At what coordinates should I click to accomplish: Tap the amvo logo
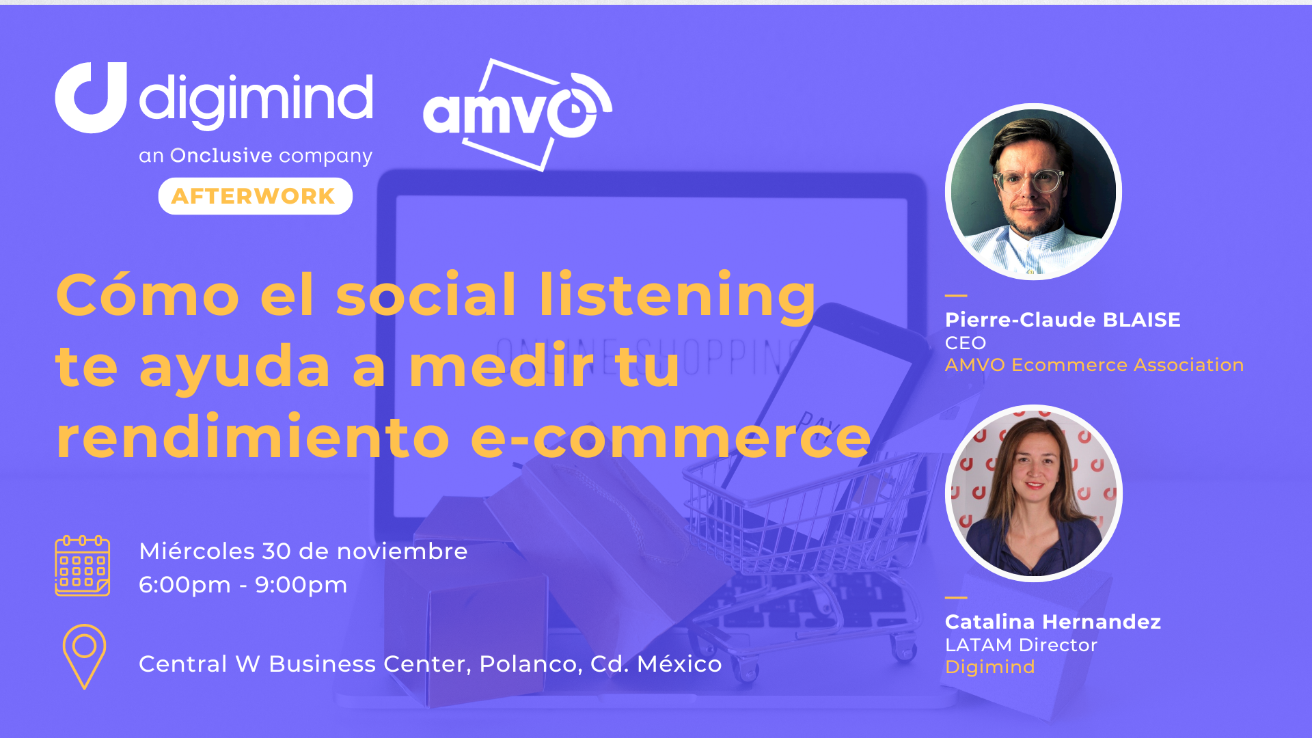coord(517,114)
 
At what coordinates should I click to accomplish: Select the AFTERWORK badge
coord(255,196)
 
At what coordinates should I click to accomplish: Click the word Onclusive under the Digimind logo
coord(221,156)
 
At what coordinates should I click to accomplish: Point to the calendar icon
coord(82,566)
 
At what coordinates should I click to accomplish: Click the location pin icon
coord(84,656)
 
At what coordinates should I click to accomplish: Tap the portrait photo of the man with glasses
coord(1033,192)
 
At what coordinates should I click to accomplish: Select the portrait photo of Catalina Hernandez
coord(1033,493)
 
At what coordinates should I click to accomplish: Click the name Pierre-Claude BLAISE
coord(1063,319)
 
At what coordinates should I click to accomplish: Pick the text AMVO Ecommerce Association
coord(1094,365)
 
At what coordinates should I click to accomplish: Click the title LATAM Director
coord(1021,644)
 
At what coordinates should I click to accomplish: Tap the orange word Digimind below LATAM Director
coord(989,667)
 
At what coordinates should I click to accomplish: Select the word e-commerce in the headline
coord(670,437)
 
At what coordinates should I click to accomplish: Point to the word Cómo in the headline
coord(148,294)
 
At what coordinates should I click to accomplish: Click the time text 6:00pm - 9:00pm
coord(243,585)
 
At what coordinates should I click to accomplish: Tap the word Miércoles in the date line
coord(197,551)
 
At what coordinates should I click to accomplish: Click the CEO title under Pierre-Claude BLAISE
coord(966,343)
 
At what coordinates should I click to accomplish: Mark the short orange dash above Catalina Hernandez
coord(956,597)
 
